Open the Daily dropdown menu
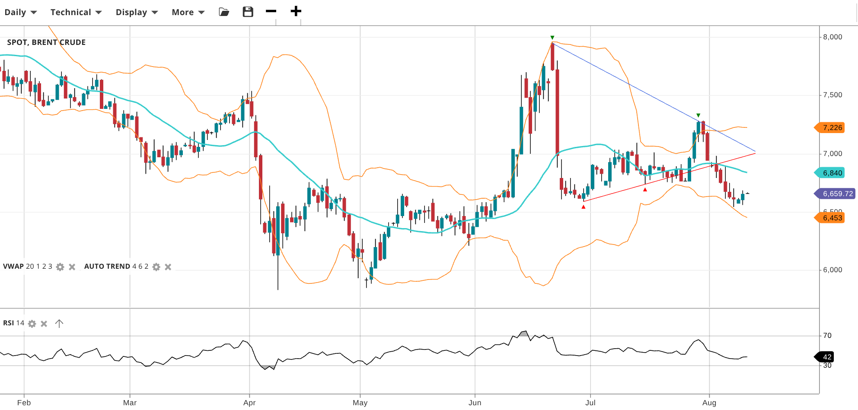(20, 12)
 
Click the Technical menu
(76, 12)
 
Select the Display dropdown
(137, 12)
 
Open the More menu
(188, 12)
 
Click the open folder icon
(224, 12)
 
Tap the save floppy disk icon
(248, 12)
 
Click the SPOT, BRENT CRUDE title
(46, 42)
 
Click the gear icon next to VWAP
(60, 267)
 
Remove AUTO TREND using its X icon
(168, 267)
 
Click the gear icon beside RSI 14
(32, 324)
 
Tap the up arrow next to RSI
(59, 324)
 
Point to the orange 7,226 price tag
(831, 127)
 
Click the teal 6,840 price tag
(831, 173)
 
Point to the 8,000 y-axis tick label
(832, 37)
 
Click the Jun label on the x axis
(475, 403)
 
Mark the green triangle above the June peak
(552, 38)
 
